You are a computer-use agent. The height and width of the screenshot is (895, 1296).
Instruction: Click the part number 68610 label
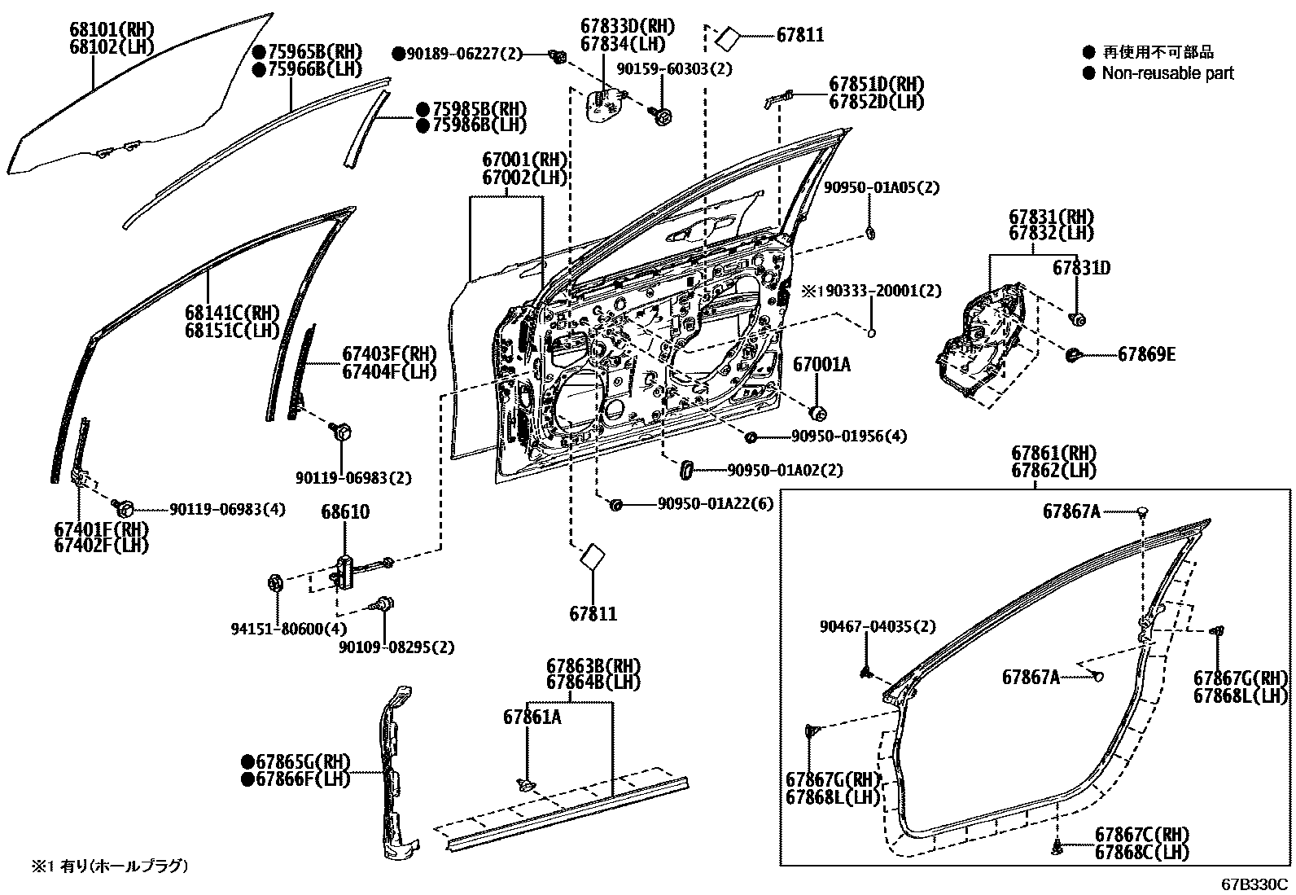coord(344,512)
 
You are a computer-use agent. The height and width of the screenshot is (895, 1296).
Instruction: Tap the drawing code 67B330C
coord(1254,884)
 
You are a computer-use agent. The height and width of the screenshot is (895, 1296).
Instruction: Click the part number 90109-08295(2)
coord(396,647)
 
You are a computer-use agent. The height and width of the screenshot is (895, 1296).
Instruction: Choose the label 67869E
coord(1146,354)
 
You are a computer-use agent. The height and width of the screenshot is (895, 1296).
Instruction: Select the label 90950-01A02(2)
coord(785,470)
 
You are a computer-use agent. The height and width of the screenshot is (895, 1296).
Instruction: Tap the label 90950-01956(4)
coord(848,437)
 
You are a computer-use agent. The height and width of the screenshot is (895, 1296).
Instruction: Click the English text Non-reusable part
coord(1167,73)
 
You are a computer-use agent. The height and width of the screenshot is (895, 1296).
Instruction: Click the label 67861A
coord(532,717)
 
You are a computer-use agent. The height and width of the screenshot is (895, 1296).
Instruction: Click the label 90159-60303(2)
coord(674,69)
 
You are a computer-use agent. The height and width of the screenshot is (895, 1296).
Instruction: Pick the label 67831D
coord(1081,268)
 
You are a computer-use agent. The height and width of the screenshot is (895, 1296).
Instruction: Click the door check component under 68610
coord(344,569)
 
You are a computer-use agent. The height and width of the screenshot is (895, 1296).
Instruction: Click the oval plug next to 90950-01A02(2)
coord(685,470)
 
